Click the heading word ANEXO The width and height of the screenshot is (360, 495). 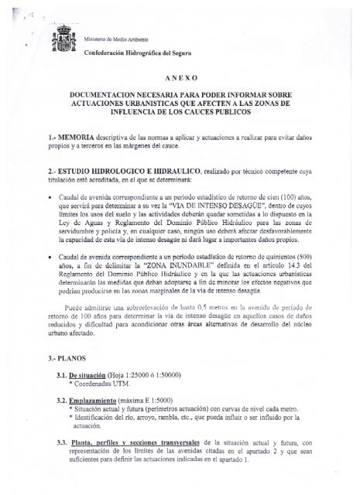tap(180, 79)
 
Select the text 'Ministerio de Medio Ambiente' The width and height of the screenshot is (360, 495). tap(114, 38)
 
